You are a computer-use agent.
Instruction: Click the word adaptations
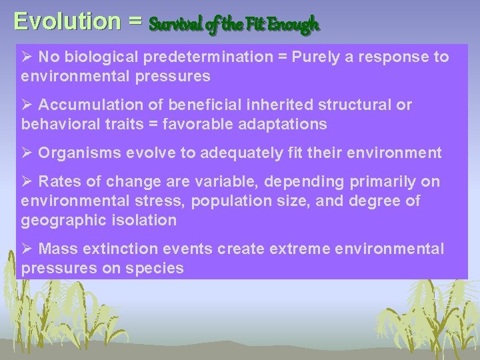click(x=281, y=124)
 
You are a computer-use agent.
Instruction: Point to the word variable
click(x=233, y=182)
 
